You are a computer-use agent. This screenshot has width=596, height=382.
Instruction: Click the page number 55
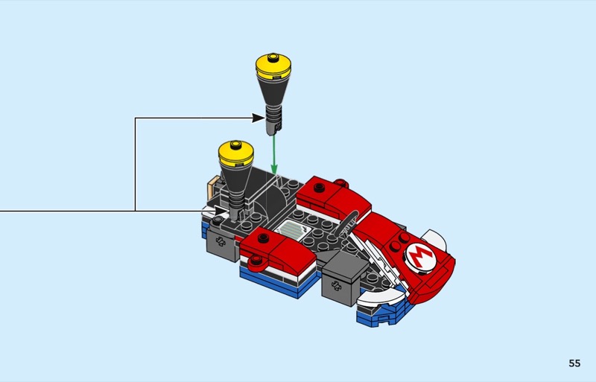574,363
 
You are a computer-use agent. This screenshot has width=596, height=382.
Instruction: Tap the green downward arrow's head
274,168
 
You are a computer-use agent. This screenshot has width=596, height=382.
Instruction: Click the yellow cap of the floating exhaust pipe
273,67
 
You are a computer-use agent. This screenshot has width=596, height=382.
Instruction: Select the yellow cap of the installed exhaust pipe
236,153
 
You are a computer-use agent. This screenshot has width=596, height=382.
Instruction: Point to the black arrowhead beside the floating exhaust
258,118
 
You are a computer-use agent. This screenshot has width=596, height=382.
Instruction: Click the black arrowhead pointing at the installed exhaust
221,211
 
